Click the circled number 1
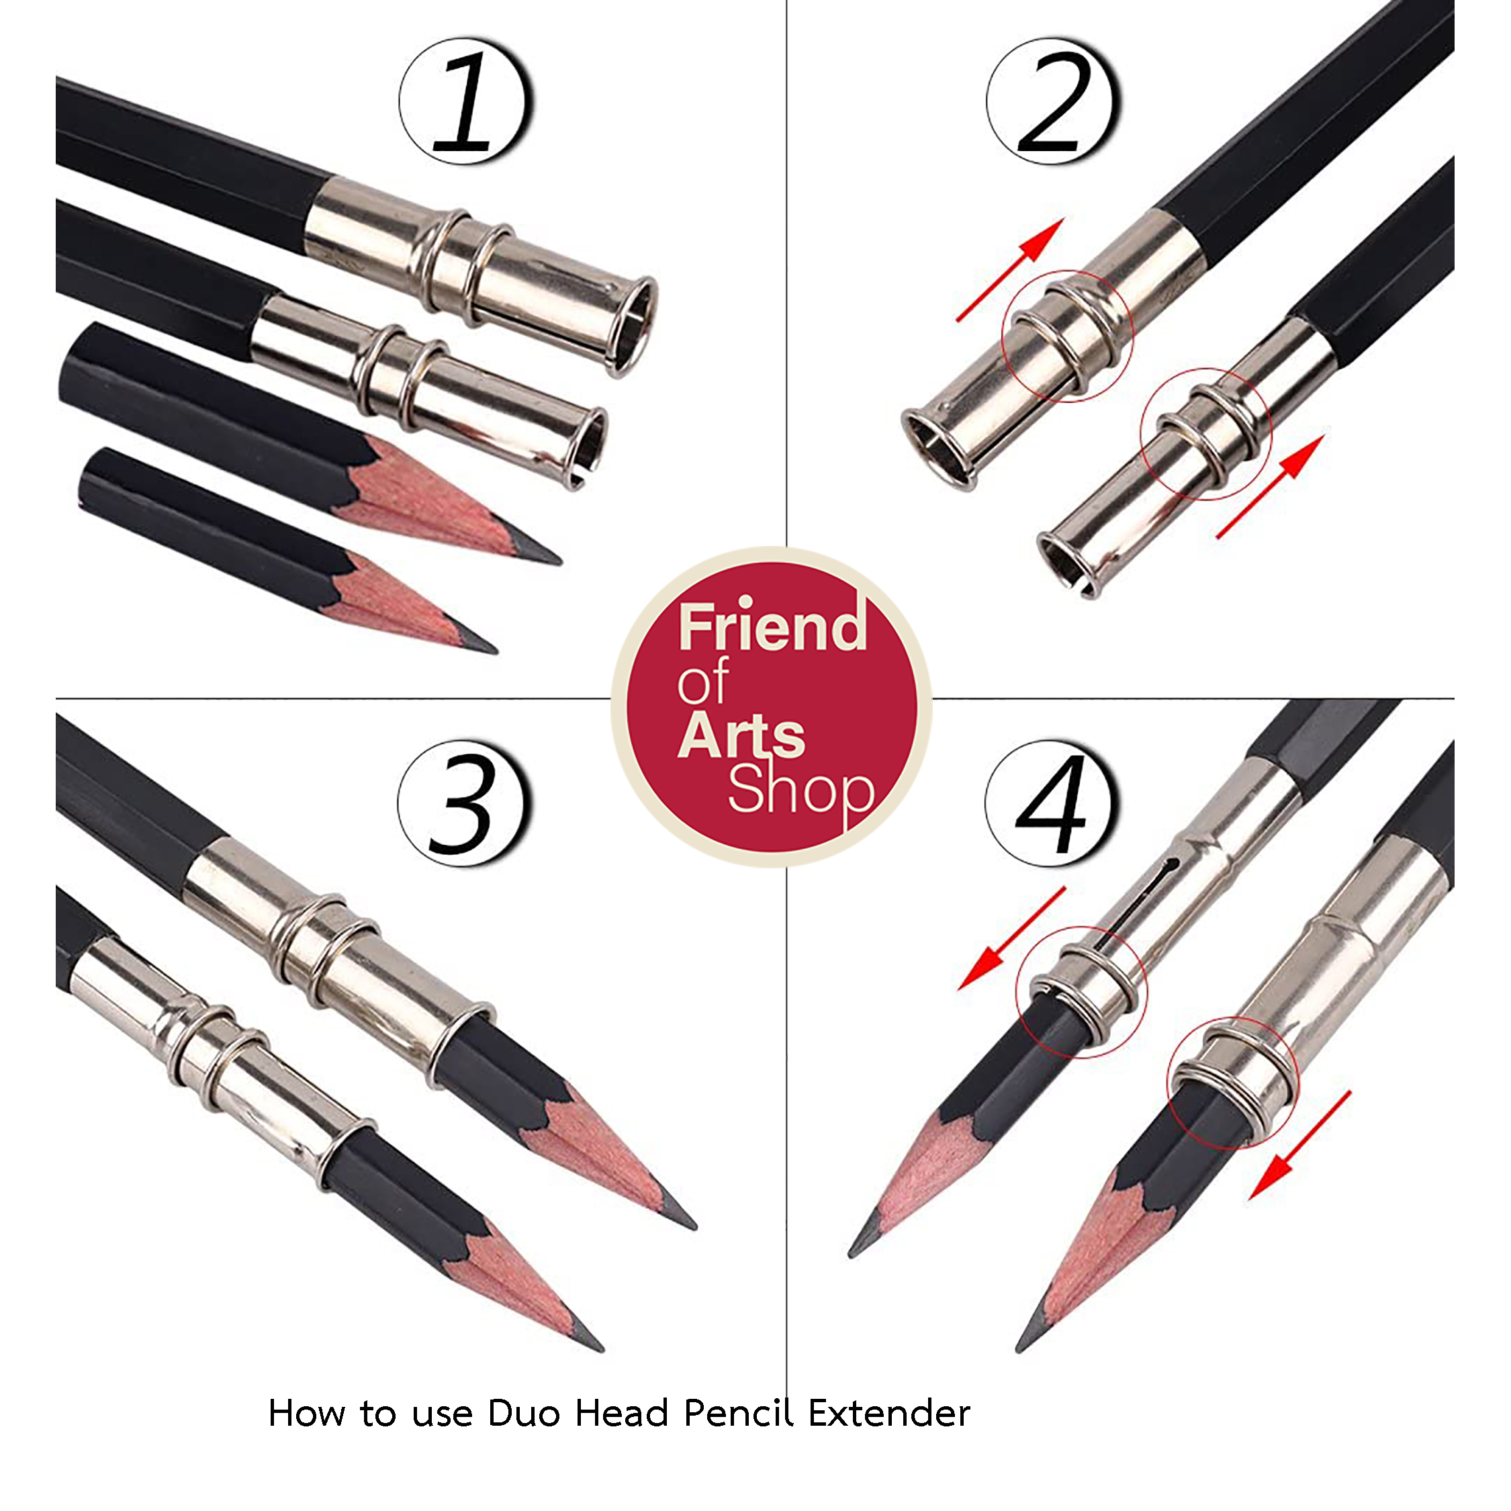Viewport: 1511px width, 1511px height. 466,101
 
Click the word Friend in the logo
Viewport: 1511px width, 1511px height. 772,628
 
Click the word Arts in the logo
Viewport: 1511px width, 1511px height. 741,736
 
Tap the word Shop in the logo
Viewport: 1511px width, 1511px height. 800,790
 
